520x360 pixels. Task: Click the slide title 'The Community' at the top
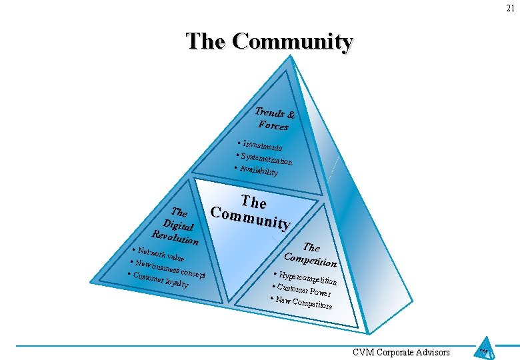pyautogui.click(x=269, y=41)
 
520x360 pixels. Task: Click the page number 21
pyautogui.click(x=509, y=8)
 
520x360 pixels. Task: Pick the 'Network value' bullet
pyautogui.click(x=159, y=253)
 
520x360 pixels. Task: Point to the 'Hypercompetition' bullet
pyautogui.click(x=307, y=279)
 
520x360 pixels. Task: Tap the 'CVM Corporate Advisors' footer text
pyautogui.click(x=401, y=352)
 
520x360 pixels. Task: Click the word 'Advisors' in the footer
pyautogui.click(x=433, y=352)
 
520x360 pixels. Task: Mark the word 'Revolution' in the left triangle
pyautogui.click(x=175, y=236)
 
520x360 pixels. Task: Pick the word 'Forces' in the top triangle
pyautogui.click(x=273, y=125)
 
